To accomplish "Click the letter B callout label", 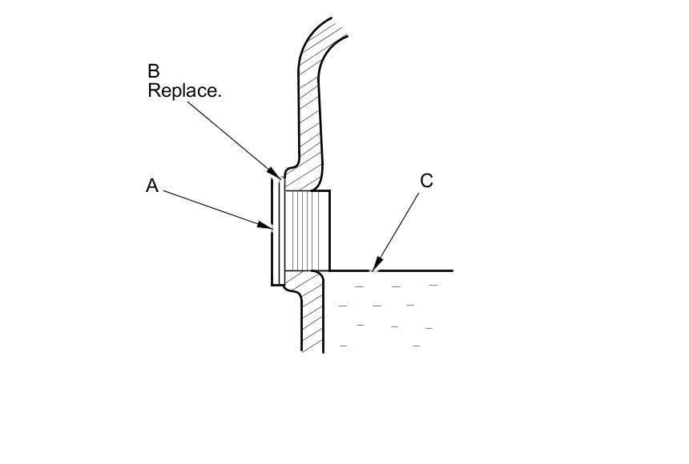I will tap(153, 71).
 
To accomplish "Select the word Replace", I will tap(183, 90).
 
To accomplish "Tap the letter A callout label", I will tap(152, 186).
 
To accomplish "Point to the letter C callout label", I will tap(426, 181).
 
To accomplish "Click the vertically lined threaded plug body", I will tap(307, 230).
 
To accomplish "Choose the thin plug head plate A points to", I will tap(274, 232).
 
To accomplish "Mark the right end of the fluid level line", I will tap(452, 270).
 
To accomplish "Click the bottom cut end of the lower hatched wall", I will tap(312, 350).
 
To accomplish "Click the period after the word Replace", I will tap(219, 95).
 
